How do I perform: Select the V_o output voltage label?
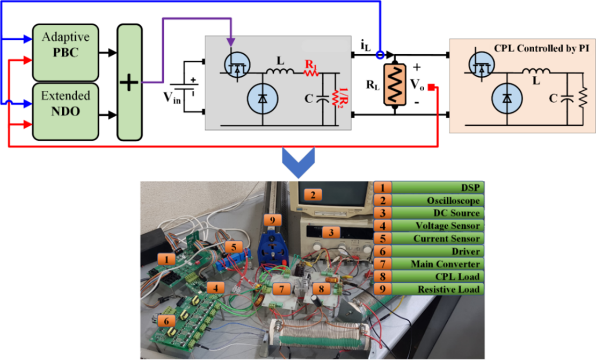click(417, 85)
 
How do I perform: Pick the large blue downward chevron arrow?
click(297, 164)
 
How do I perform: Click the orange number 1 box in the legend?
click(382, 187)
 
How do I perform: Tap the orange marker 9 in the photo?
click(272, 220)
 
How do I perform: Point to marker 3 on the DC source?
click(332, 232)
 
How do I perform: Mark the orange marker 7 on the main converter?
click(281, 289)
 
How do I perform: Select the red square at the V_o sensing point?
click(438, 88)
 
